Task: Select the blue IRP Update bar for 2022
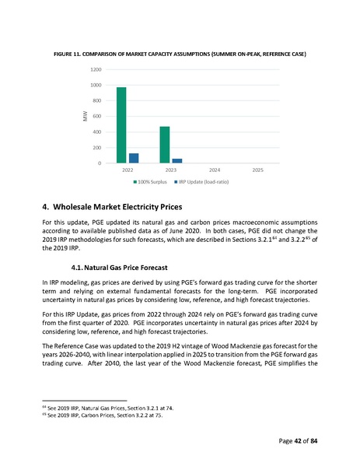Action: click(134, 158)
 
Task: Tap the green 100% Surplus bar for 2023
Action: click(165, 145)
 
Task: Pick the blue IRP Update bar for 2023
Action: click(177, 160)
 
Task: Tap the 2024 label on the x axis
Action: click(215, 170)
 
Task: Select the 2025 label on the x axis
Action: click(258, 170)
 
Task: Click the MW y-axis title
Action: click(86, 117)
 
